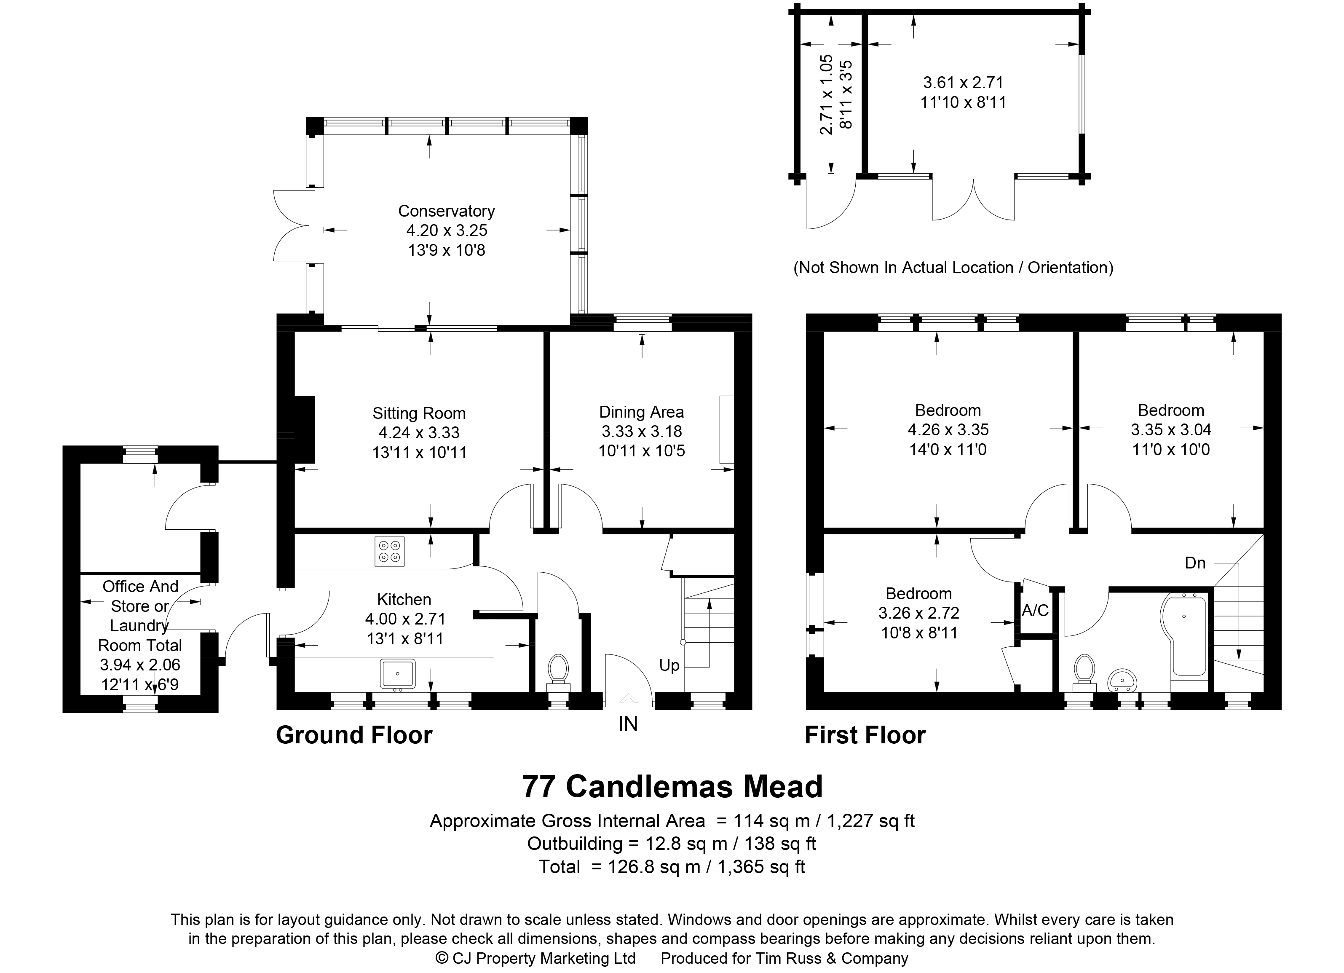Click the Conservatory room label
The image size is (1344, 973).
pos(446,211)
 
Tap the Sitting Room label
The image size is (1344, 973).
pos(419,413)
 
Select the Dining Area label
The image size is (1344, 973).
pos(641,412)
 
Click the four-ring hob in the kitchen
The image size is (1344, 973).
pos(389,551)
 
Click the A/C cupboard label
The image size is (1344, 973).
pos(1035,610)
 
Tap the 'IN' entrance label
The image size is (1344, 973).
pos(628,724)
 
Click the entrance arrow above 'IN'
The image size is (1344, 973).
pos(628,702)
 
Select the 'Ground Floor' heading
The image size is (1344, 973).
pos(354,735)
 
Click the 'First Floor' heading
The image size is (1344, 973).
pos(865,735)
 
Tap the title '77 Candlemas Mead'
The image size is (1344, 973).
pos(672,786)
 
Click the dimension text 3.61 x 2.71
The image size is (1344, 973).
pos(964,82)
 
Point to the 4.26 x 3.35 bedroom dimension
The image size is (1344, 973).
pos(948,430)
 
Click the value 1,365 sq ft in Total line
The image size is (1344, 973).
pos(761,867)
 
